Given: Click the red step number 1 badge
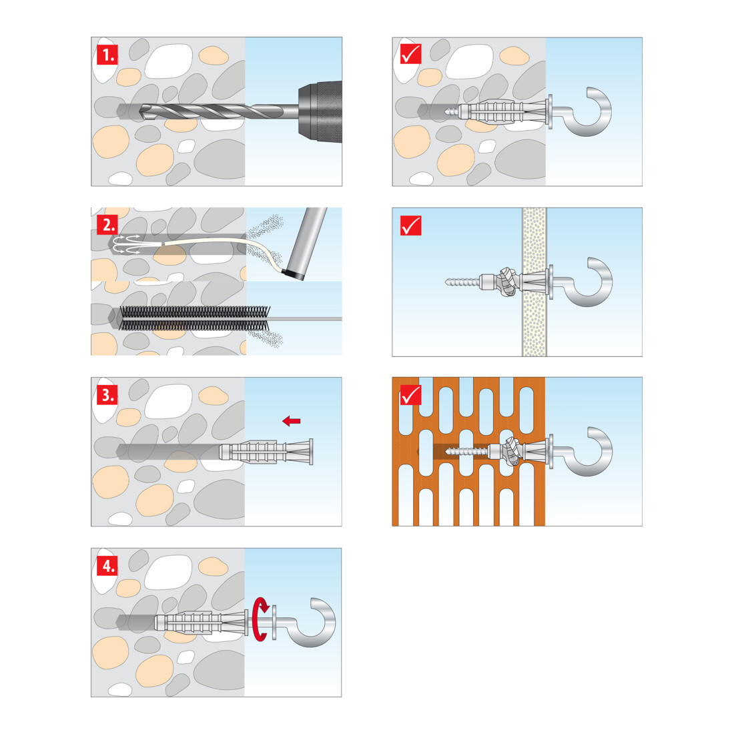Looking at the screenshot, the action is (x=107, y=55).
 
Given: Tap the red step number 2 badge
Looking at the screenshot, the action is (x=107, y=225).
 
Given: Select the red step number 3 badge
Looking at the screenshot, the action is (x=107, y=395).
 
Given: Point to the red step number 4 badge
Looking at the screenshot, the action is (x=107, y=566).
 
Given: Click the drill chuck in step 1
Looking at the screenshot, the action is (x=320, y=111).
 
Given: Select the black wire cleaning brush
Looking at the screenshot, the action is (x=195, y=318).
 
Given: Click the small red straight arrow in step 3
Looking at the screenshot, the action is (x=291, y=421).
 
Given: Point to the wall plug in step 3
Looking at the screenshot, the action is (x=266, y=452).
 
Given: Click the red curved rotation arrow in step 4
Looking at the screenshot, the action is (x=260, y=619).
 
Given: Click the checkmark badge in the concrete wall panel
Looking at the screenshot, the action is (x=410, y=53).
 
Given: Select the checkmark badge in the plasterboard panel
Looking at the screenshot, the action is (x=410, y=225).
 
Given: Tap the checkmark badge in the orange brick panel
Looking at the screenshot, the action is (x=410, y=395).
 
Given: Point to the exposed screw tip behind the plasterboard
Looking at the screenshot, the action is (x=462, y=282).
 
